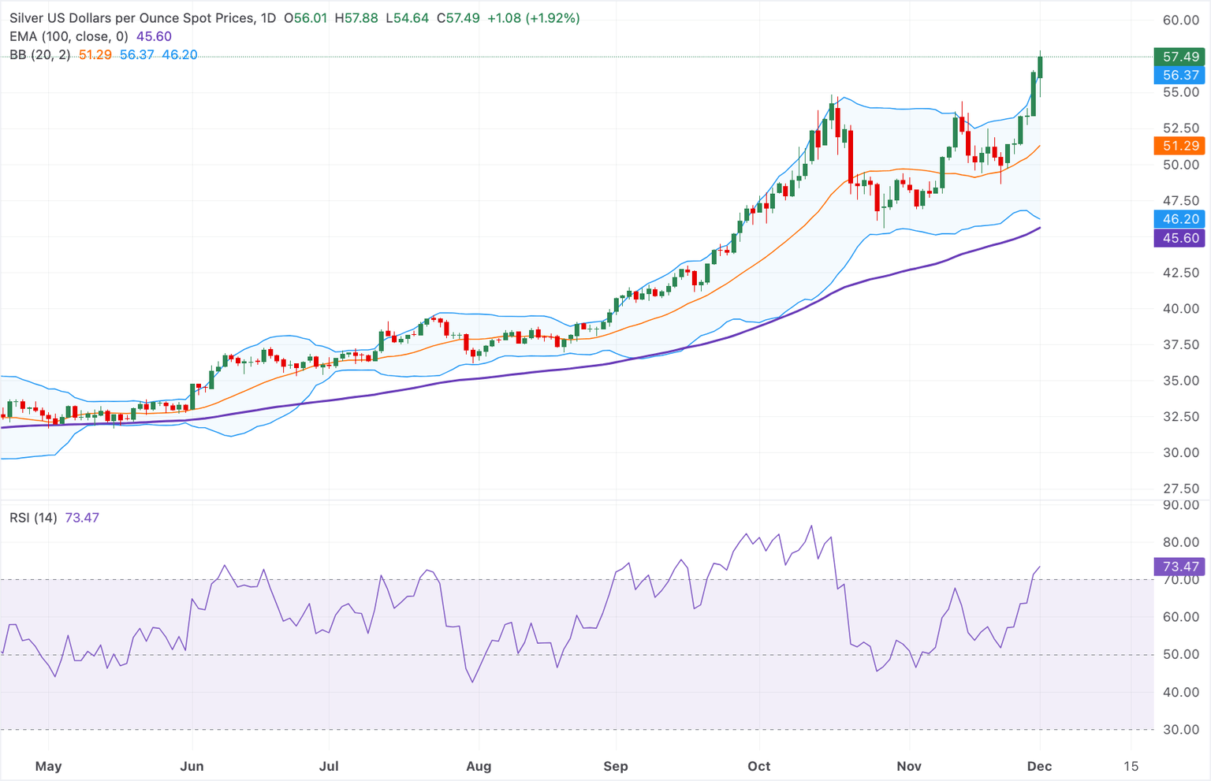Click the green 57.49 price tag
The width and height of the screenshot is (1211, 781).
click(1180, 57)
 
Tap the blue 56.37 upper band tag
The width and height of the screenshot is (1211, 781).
click(1180, 76)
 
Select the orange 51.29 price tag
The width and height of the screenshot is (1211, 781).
click(1180, 146)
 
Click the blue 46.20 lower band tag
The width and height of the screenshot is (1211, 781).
click(1180, 219)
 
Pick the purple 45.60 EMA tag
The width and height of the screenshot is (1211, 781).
click(1180, 238)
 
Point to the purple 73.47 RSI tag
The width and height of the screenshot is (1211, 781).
click(1180, 567)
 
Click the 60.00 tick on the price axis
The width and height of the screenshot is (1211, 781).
click(1180, 20)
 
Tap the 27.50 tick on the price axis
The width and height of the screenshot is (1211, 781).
click(1180, 489)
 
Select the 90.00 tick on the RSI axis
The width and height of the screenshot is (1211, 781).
click(1180, 505)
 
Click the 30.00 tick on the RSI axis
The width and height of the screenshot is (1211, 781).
click(1180, 730)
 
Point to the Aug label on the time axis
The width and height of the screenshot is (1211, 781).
click(479, 766)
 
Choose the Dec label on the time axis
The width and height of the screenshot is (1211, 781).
click(1040, 766)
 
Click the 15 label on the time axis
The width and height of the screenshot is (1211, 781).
click(1131, 766)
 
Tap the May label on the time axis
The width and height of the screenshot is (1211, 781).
click(48, 766)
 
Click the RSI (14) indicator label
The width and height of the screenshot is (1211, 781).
click(33, 518)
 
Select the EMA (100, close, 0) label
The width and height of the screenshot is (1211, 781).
click(69, 36)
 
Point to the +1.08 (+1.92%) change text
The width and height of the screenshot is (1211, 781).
click(533, 17)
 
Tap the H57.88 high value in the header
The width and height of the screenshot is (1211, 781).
click(356, 17)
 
